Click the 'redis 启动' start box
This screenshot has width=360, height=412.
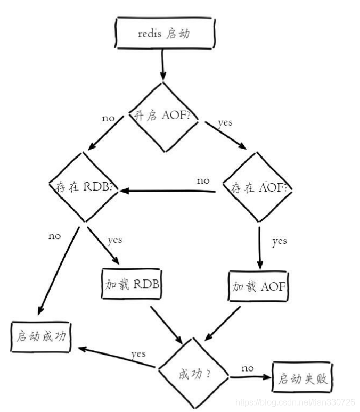[x=165, y=34]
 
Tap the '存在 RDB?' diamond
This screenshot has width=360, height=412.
[x=84, y=187]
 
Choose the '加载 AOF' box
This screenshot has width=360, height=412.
[x=259, y=286]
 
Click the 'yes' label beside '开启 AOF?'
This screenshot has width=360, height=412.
[x=225, y=122]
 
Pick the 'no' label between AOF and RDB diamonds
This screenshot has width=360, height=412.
[x=203, y=180]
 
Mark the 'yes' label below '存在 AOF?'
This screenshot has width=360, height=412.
[x=279, y=241]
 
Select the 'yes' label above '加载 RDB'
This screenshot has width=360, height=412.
[x=114, y=240]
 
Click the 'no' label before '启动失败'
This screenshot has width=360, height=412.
[x=247, y=368]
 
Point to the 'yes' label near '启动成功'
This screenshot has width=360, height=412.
[x=138, y=353]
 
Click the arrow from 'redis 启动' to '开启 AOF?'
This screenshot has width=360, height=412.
[x=162, y=66]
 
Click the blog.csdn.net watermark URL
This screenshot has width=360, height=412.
[x=295, y=401]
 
